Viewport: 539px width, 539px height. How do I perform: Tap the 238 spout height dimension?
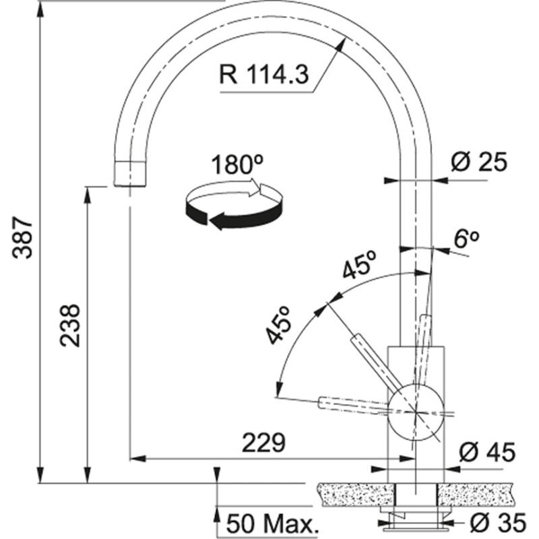coord(70,325)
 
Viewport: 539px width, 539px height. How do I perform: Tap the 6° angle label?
coord(466,239)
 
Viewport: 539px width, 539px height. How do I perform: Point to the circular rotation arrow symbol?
coord(232,205)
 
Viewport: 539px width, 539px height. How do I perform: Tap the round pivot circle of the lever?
coord(416,409)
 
